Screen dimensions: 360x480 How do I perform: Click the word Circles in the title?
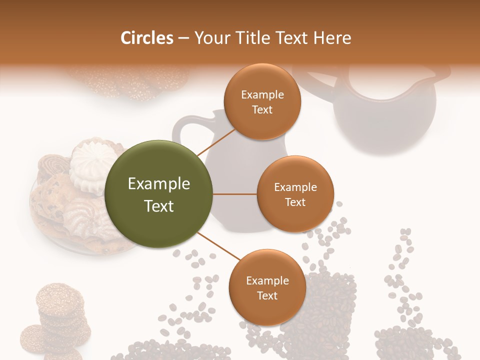coord(147,38)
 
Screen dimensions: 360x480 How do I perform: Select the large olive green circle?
coord(159,194)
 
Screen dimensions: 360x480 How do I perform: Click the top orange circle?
coord(262,101)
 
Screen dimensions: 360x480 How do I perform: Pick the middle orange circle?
coord(295,194)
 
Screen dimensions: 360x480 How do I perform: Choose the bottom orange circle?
coord(267,287)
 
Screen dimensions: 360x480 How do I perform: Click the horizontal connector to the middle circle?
coord(235,194)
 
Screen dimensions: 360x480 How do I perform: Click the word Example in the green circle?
coord(159,184)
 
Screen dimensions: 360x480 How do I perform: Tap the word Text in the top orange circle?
coord(262,110)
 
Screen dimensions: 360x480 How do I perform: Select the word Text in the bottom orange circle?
coord(267,295)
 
